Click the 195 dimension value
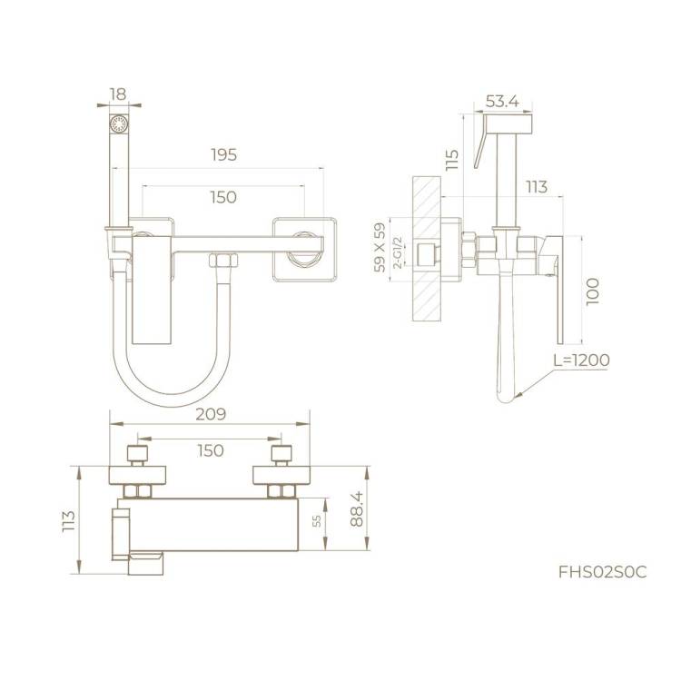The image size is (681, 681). click(x=224, y=154)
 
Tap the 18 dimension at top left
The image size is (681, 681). click(x=118, y=94)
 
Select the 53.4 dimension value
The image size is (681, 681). click(x=502, y=102)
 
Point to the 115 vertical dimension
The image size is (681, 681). click(x=451, y=160)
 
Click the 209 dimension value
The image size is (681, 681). click(x=211, y=414)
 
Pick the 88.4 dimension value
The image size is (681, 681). click(x=357, y=509)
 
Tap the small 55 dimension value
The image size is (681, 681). click(x=317, y=521)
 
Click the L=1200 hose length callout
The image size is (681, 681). click(x=581, y=360)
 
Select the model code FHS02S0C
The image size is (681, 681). click(x=603, y=572)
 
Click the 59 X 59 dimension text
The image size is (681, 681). click(x=380, y=248)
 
